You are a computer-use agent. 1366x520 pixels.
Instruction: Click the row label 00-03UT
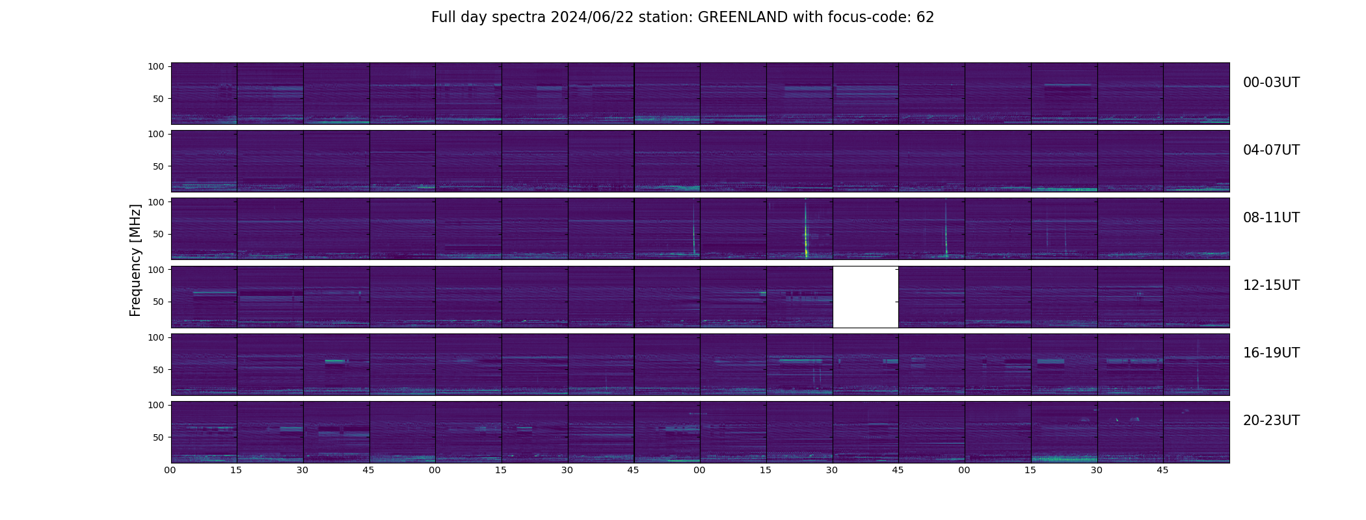pos(1271,83)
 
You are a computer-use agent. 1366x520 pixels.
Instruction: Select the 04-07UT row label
pos(1271,150)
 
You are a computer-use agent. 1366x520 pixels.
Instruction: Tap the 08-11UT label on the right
pos(1271,218)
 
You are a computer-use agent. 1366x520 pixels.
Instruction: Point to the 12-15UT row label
pos(1271,285)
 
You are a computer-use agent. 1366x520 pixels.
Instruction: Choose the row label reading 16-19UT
pos(1271,353)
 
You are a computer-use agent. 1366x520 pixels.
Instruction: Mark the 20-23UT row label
pos(1271,421)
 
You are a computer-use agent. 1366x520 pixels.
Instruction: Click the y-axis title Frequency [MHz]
pos(135,260)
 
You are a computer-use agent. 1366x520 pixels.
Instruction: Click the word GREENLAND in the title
pos(742,18)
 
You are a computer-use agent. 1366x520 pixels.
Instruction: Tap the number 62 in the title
pos(925,18)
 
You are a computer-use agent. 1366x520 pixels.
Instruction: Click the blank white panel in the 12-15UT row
pos(865,297)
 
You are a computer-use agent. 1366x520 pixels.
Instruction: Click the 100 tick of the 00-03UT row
pos(156,66)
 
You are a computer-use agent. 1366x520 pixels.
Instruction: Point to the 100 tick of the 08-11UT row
pos(156,201)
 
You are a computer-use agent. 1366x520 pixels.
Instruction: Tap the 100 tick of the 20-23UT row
pos(156,404)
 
